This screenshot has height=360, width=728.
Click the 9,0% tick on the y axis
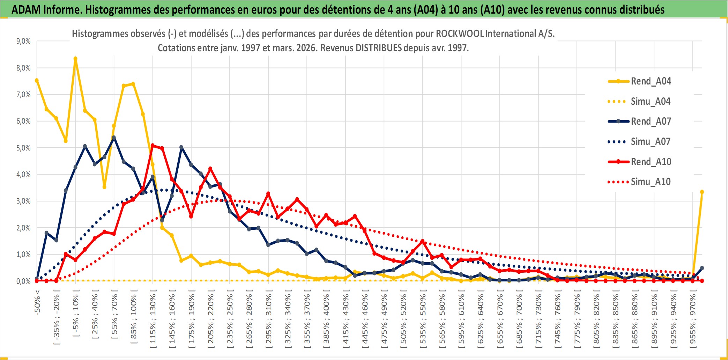click(23, 41)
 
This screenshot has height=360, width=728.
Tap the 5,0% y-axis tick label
click(23, 148)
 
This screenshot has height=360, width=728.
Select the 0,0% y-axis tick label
click(23, 281)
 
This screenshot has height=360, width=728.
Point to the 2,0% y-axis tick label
click(23, 228)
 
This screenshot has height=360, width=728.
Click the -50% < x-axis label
click(37, 302)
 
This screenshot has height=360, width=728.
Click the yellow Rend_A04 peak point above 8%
click(75, 59)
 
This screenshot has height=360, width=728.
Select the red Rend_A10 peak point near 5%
click(153, 145)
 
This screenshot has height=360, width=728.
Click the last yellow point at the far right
click(702, 192)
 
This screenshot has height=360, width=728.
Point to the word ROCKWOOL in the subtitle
click(460, 34)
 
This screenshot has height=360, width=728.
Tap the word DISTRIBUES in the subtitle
click(379, 48)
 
